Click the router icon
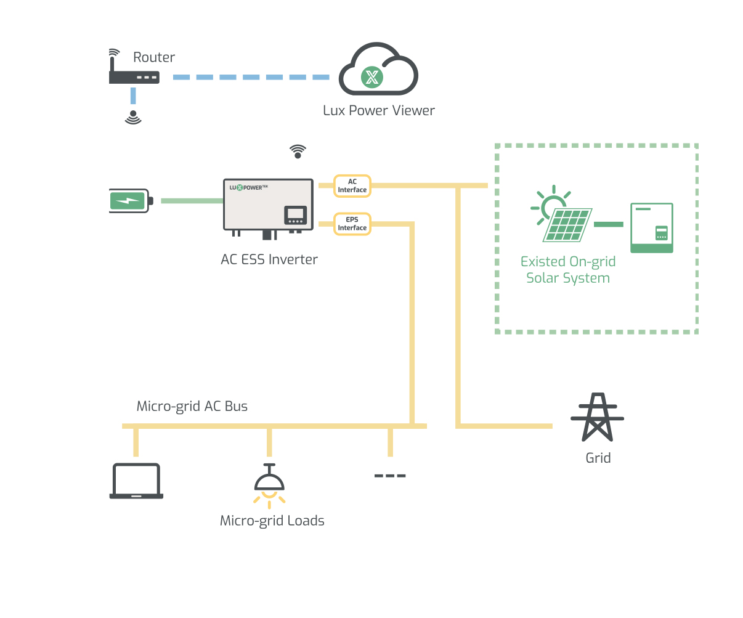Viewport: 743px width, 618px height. tap(134, 76)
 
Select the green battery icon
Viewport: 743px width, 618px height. tap(129, 201)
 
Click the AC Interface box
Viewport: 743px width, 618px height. tap(352, 185)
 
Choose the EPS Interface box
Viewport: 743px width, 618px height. tap(352, 224)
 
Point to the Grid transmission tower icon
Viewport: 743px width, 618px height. tap(597, 418)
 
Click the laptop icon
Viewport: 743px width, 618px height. tap(136, 481)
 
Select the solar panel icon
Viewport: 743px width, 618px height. tap(566, 223)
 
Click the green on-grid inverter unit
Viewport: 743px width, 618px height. tap(651, 228)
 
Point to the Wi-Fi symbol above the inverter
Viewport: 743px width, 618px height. tap(298, 152)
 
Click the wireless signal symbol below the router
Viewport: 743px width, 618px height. tap(133, 117)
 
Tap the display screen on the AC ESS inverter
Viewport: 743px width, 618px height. tap(295, 215)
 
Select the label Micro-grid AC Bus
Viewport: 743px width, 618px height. tap(192, 407)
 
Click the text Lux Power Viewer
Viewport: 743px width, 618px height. tap(378, 111)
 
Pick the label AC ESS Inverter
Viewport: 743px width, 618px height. tap(269, 259)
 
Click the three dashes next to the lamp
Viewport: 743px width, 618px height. tap(390, 476)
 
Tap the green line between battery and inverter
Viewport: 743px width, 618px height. tap(192, 201)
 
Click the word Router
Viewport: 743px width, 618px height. tap(154, 57)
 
